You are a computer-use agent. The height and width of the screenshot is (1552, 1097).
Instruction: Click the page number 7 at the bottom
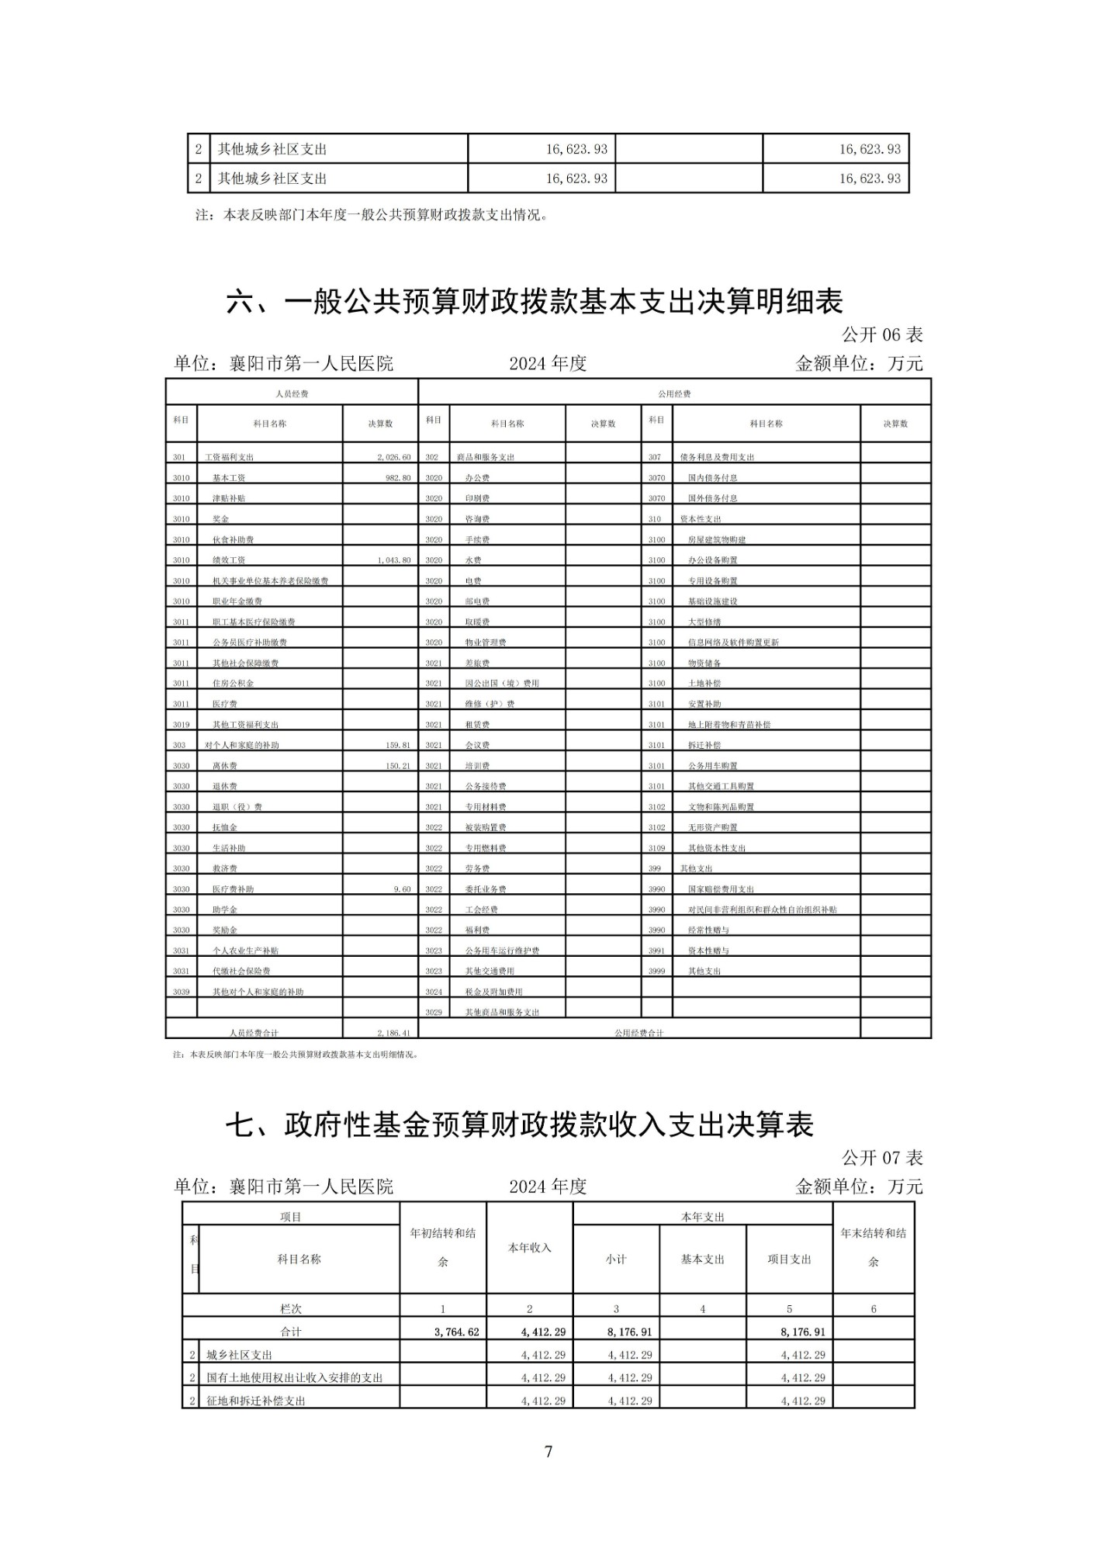point(548,1451)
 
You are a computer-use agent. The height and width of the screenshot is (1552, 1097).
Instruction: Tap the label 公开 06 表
point(882,334)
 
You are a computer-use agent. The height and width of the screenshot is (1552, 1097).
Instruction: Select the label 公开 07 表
point(882,1158)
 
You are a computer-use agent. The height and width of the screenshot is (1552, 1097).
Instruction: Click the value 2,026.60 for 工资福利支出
point(393,457)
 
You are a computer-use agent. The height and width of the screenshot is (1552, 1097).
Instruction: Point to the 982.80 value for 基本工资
point(397,478)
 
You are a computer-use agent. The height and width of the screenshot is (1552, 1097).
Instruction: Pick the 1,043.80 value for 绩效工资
point(393,560)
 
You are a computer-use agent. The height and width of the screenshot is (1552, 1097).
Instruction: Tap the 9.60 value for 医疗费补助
point(402,889)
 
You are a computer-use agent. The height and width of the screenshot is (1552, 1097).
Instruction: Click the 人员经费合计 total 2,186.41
point(393,1033)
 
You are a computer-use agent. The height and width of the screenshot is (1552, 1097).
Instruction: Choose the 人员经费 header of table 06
point(292,394)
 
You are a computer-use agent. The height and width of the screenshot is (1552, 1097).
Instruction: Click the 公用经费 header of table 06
point(674,394)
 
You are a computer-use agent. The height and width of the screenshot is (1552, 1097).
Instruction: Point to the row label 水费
point(473,560)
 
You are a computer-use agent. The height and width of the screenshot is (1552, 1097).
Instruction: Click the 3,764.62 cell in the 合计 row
point(457,1332)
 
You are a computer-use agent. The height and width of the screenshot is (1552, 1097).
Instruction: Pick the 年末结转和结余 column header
point(873,1247)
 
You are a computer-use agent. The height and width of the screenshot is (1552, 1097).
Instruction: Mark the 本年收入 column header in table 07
point(529,1247)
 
